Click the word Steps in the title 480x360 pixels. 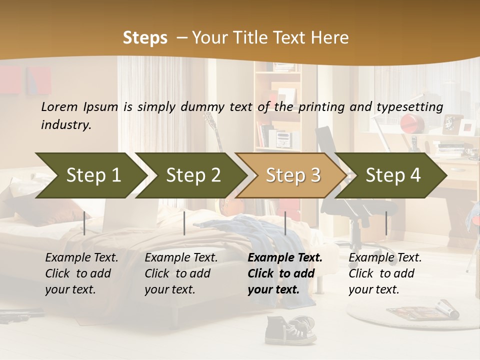(145, 38)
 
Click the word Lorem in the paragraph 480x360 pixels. (59, 106)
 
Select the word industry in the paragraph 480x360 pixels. (66, 125)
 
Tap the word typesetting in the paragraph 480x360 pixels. (409, 106)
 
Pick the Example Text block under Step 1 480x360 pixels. (81, 273)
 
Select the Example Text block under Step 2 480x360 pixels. (181, 273)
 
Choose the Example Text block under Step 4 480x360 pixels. (385, 273)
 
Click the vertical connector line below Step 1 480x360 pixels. (84, 223)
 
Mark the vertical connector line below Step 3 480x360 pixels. (285, 223)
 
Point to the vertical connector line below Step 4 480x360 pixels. (386, 223)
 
